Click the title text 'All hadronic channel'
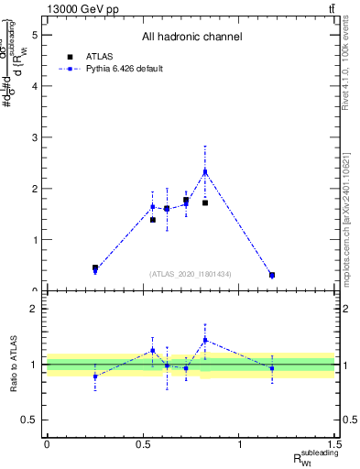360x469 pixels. [x=191, y=38]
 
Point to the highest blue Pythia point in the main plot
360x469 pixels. [x=205, y=171]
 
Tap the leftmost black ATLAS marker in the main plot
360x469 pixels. [x=95, y=267]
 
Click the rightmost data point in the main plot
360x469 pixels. [x=272, y=275]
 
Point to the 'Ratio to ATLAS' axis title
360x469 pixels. [x=14, y=364]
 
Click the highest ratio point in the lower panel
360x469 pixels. [x=205, y=340]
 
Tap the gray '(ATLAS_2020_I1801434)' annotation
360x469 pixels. [x=191, y=274]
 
